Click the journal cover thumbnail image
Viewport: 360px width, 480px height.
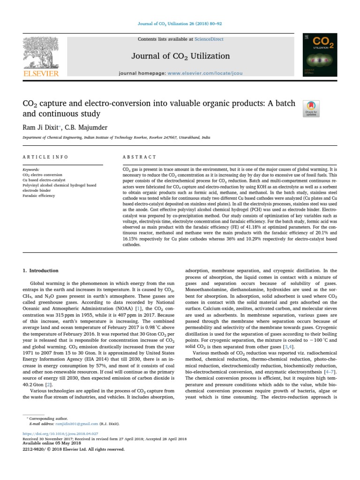tap(320, 55)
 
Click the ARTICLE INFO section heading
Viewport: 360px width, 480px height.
tap(45, 157)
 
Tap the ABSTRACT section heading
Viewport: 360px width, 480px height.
tap(139, 157)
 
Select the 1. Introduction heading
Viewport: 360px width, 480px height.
tap(41, 270)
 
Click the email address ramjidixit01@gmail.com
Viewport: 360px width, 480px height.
tap(72, 424)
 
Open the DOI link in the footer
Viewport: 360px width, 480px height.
tap(60, 434)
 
